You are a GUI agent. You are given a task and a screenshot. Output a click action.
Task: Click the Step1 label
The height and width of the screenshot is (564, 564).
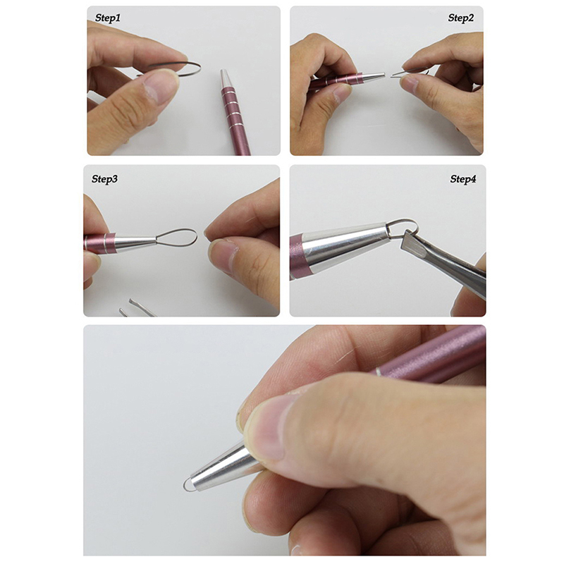[108, 18]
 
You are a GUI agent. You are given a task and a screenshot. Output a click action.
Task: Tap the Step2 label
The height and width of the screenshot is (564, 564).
[461, 18]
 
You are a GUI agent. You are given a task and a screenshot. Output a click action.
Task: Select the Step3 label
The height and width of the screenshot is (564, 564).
[104, 179]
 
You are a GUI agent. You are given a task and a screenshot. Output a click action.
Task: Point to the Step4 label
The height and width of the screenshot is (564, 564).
[463, 179]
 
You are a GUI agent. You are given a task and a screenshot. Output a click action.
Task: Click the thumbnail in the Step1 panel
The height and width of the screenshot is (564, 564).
[157, 86]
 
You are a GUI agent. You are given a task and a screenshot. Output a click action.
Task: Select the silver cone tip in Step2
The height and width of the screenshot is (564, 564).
[374, 75]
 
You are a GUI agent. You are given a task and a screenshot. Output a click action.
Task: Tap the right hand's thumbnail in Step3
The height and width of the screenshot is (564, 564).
[221, 257]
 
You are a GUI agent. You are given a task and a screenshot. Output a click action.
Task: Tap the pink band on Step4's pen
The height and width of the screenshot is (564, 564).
[296, 256]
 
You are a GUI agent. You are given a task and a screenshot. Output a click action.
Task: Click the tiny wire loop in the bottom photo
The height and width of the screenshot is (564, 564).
[187, 486]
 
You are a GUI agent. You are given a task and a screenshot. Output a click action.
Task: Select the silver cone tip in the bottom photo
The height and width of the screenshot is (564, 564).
[219, 467]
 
